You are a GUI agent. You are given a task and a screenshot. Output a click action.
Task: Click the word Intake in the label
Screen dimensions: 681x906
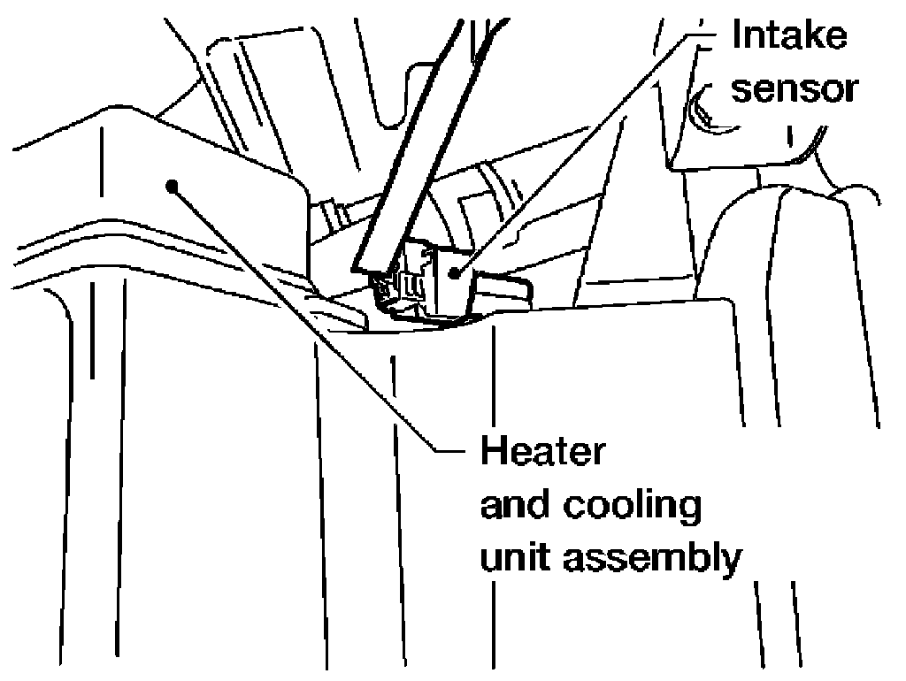788,36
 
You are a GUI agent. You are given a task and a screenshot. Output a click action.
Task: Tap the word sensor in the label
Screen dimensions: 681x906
795,88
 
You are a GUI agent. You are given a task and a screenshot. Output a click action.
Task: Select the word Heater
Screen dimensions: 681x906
541,452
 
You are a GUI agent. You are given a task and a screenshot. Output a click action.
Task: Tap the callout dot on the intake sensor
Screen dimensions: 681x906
455,272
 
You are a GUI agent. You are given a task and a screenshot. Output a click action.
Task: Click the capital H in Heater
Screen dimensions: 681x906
493,452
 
